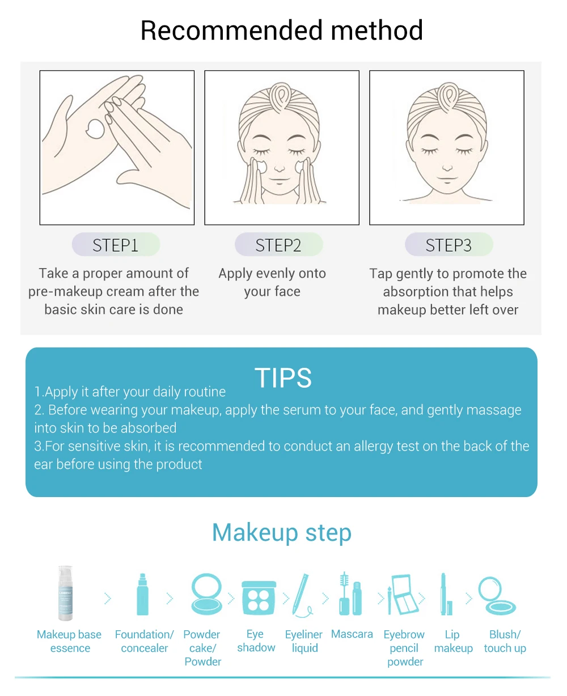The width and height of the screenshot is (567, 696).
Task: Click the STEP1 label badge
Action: pyautogui.click(x=116, y=244)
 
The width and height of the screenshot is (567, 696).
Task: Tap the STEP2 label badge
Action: pyautogui.click(x=279, y=244)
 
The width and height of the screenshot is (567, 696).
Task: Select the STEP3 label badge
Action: pyautogui.click(x=448, y=244)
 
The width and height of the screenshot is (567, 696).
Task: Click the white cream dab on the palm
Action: pyautogui.click(x=95, y=129)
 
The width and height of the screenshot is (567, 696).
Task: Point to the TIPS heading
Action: pyautogui.click(x=283, y=377)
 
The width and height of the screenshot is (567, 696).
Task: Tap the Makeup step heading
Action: pyautogui.click(x=282, y=532)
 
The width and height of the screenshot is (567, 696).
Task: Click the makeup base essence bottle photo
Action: pyautogui.click(x=65, y=593)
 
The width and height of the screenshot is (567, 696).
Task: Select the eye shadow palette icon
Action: pyautogui.click(x=259, y=597)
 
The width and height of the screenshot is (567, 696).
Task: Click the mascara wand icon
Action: pyautogui.click(x=350, y=594)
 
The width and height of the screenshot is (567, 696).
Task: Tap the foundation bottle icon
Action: pyautogui.click(x=142, y=594)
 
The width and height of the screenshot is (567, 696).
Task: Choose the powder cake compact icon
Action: pyautogui.click(x=206, y=594)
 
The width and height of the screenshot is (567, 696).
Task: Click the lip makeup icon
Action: pyautogui.click(x=446, y=594)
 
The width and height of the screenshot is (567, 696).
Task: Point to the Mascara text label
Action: pyautogui.click(x=352, y=634)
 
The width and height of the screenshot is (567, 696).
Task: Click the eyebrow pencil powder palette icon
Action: pyautogui.click(x=403, y=595)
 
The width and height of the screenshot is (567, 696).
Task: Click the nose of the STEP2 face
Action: pyautogui.click(x=280, y=167)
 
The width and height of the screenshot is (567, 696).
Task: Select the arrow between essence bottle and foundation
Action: pyautogui.click(x=108, y=599)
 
